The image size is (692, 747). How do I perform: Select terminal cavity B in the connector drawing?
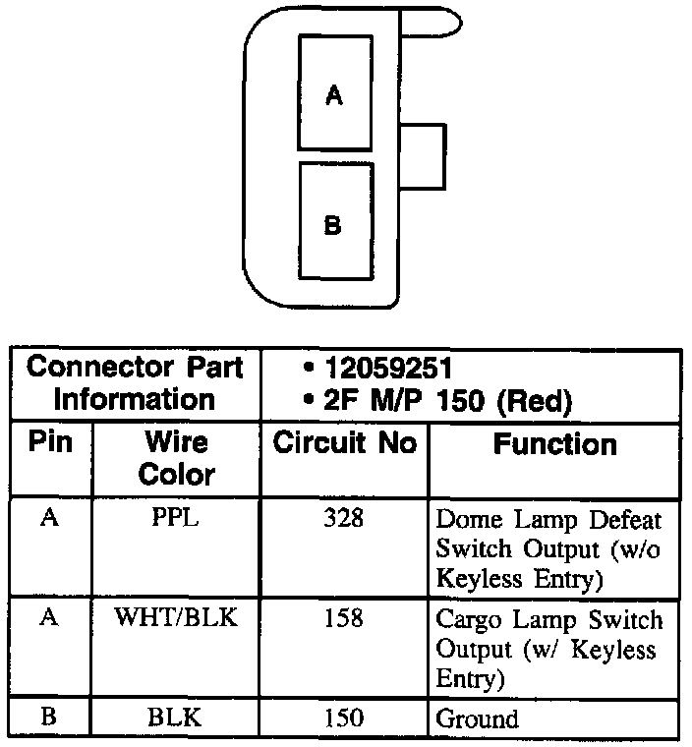(335, 221)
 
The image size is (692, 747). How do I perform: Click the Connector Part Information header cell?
(136, 383)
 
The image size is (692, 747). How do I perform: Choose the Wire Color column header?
(176, 458)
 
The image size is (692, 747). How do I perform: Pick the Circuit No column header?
(344, 443)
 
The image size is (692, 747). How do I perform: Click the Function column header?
(554, 444)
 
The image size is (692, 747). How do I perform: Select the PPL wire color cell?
(176, 518)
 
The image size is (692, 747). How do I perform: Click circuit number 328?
(343, 518)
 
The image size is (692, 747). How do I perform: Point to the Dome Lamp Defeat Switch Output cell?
(549, 548)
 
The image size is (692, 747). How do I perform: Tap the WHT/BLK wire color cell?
(176, 619)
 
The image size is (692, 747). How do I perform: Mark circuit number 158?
(343, 619)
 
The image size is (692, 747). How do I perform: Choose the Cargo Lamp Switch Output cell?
(549, 649)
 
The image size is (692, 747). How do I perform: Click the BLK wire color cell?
(175, 718)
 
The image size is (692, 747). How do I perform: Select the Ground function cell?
(477, 718)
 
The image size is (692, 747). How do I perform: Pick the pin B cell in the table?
(49, 718)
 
